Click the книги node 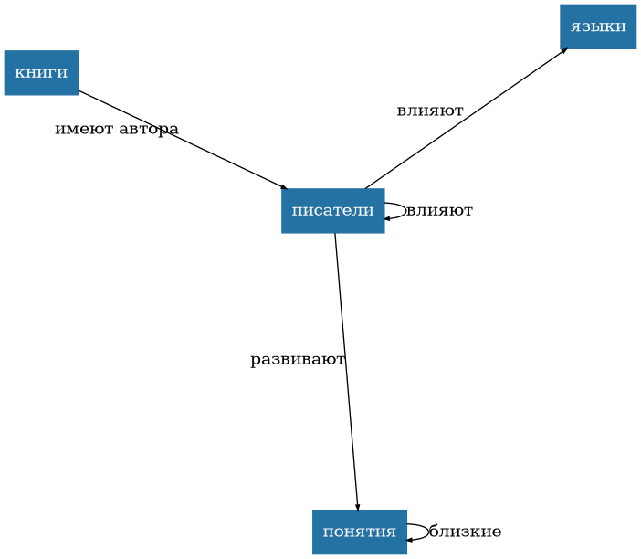[x=41, y=73]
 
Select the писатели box [x=332, y=211]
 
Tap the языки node [x=597, y=26]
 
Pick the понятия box [x=359, y=533]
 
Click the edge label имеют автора [x=116, y=129]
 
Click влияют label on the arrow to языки [x=429, y=111]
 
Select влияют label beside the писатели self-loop [x=439, y=211]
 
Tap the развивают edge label [x=298, y=360]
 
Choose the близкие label [x=465, y=533]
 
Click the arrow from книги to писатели [x=183, y=140]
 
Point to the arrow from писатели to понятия [x=347, y=374]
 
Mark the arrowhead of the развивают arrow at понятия [x=357, y=506]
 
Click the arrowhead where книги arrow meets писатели [x=284, y=187]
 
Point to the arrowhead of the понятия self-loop [x=411, y=540]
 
